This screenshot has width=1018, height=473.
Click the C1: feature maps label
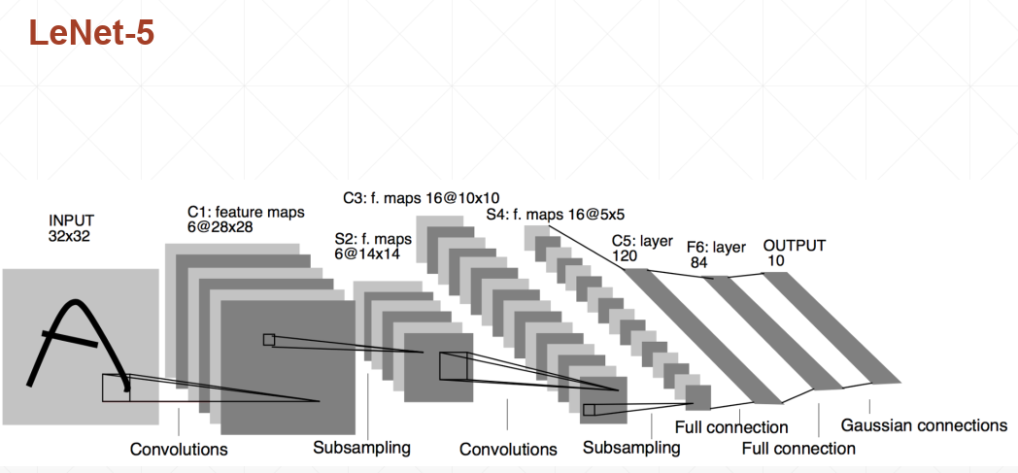246,211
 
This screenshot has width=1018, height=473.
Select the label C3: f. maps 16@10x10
421,197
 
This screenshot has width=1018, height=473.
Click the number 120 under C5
625,254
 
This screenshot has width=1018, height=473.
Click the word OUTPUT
795,246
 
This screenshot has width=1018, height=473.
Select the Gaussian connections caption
924,425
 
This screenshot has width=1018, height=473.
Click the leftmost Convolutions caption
179,449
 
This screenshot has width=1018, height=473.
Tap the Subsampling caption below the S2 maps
361,448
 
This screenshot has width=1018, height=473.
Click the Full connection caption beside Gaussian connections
798,448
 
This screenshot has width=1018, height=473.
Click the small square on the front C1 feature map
268,339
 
